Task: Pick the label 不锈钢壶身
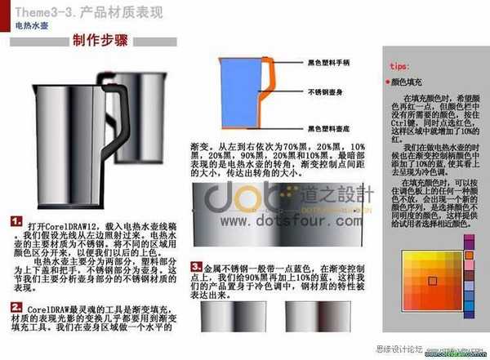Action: pos(327,92)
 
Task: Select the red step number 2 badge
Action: pos(16,306)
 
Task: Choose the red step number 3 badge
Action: pos(196,266)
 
